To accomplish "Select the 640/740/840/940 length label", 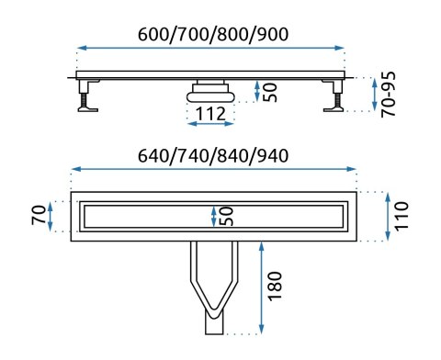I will pyautogui.click(x=213, y=154).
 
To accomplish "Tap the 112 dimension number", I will pyautogui.click(x=211, y=113).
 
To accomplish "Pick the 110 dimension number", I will pyautogui.click(x=402, y=216).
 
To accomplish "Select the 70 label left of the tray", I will pyautogui.click(x=35, y=217).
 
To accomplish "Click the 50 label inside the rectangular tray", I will pyautogui.click(x=226, y=217).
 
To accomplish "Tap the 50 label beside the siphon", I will pyautogui.click(x=269, y=91).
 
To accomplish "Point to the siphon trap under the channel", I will pyautogui.click(x=211, y=90).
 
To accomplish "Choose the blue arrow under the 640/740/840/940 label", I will pyautogui.click(x=213, y=169).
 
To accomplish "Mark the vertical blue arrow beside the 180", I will pyautogui.click(x=264, y=286).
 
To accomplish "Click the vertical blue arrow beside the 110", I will pyautogui.click(x=387, y=216).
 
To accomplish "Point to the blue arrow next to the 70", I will pyautogui.click(x=51, y=217).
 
